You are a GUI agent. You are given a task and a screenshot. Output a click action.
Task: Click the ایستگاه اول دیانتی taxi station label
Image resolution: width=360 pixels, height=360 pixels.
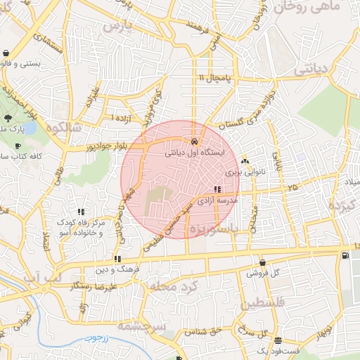(x=195, y=152)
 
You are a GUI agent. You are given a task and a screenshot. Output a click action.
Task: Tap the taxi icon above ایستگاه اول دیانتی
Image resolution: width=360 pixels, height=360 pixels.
(x=194, y=141)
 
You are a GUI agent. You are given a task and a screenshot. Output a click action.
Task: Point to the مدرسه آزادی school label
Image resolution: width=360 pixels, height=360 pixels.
(x=217, y=200)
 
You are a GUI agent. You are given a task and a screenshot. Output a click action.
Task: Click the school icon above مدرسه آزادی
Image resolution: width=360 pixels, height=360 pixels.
(x=217, y=189)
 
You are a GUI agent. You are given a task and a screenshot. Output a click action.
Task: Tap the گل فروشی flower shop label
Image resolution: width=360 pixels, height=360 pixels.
(x=265, y=272)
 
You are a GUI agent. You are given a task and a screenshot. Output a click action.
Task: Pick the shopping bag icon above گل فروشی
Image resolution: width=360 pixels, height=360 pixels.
(x=262, y=262)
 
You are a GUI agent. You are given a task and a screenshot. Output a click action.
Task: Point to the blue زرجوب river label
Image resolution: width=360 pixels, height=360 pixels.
(x=98, y=338)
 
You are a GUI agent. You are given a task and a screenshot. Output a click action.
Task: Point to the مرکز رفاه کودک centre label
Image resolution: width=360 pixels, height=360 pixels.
(x=83, y=222)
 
